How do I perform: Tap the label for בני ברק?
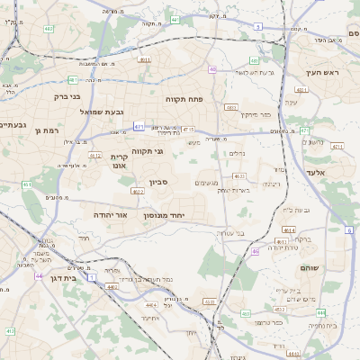point(62,95)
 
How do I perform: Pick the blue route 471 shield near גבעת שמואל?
point(139,128)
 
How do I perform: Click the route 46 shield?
point(256,251)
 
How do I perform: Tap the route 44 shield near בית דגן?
point(39,276)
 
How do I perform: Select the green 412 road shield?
point(10,331)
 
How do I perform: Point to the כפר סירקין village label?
point(255,115)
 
